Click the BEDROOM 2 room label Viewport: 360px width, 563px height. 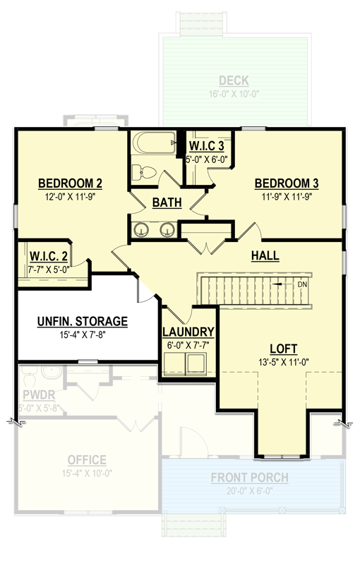(x=71, y=184)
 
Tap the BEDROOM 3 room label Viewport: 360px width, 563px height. (x=287, y=184)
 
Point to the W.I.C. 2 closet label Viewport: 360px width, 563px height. (x=49, y=255)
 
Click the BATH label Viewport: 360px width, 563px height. (x=167, y=203)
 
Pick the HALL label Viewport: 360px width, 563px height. (x=265, y=256)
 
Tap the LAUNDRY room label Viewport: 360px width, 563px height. (x=188, y=332)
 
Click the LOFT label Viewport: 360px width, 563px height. (x=283, y=349)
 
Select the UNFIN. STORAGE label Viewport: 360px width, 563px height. (x=82, y=322)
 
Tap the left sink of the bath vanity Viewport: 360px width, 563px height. (x=141, y=230)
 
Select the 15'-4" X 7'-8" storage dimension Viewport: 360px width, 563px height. (x=82, y=335)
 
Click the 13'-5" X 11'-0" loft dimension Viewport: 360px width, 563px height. (x=283, y=362)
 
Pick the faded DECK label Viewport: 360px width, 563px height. (x=233, y=80)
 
